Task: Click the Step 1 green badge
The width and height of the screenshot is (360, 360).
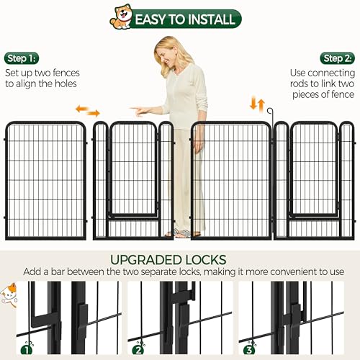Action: point(22,58)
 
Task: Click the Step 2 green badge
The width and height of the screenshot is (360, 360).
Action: point(337,58)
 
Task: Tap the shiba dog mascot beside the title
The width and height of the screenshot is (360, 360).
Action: point(121,18)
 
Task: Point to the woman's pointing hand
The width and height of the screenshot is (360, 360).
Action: point(140,111)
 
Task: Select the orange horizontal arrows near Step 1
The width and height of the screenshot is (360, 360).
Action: point(88,111)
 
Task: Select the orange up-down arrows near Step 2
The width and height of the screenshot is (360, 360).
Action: point(257,103)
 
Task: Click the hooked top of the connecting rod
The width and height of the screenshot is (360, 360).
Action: point(270,110)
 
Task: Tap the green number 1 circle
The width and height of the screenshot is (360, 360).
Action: point(27,350)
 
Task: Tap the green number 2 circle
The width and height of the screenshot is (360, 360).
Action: point(138,350)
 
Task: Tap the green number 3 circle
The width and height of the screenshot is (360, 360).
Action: point(249,350)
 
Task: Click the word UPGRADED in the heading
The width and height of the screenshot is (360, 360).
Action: point(143,260)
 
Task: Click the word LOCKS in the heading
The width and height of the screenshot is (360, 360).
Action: point(202,260)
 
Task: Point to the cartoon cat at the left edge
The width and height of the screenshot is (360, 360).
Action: point(9,294)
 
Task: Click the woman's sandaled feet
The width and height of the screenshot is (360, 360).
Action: point(182,233)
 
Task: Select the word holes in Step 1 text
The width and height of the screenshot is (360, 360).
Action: point(66,84)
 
